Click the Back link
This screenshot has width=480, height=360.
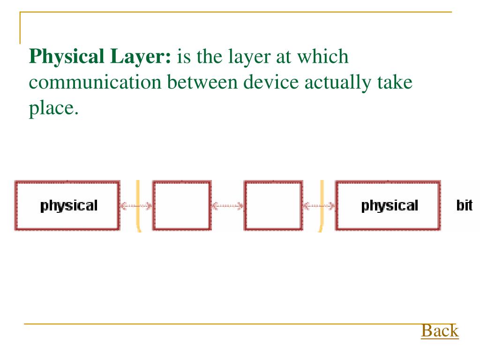click(x=439, y=330)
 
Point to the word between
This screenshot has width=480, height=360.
click(x=202, y=82)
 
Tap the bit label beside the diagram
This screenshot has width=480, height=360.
click(x=464, y=205)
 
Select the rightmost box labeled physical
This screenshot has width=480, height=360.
click(x=388, y=205)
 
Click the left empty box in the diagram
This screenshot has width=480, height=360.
click(x=181, y=205)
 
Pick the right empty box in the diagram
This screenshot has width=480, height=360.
click(x=273, y=205)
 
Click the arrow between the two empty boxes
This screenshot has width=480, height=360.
click(x=227, y=205)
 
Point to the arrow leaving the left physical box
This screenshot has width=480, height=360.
click(x=135, y=205)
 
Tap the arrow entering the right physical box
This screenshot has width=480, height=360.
click(x=319, y=205)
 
